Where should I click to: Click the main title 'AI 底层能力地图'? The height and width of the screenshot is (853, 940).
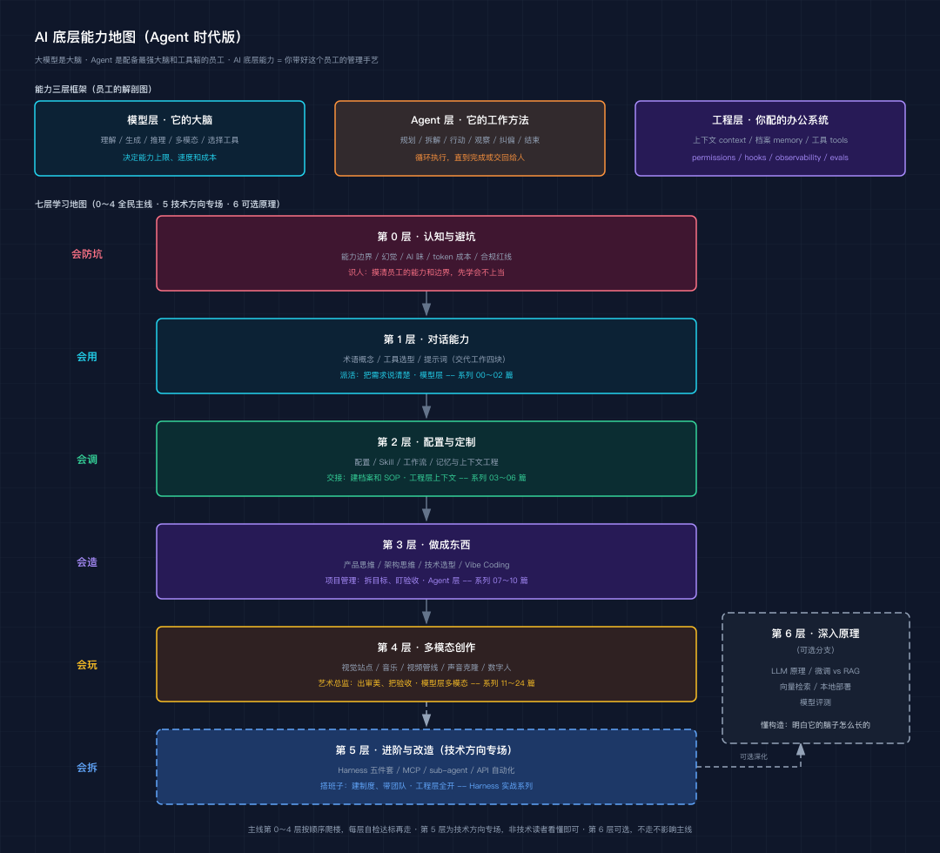point(85,37)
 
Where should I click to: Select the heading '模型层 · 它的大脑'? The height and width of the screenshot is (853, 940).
point(170,120)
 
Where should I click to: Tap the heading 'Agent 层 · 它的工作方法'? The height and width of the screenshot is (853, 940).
point(469,120)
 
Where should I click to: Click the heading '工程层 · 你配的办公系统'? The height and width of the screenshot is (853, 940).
point(769,120)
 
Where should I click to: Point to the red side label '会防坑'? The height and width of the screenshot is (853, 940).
point(87,254)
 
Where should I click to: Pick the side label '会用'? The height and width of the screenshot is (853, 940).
point(87,357)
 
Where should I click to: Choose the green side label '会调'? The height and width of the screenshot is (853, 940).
point(87,460)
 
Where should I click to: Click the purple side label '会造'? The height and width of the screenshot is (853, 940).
point(87,562)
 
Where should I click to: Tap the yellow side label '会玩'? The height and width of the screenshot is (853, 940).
point(87,665)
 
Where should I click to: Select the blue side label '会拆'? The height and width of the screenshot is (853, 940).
point(87,768)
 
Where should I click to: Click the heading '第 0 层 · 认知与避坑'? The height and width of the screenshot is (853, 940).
point(426,237)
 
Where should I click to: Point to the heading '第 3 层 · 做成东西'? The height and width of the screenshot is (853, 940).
point(426,545)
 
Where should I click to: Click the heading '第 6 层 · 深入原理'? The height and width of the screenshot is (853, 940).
point(816,634)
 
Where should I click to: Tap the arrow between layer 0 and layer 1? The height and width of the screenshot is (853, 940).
point(426,303)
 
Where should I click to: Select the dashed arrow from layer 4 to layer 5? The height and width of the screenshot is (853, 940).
point(426,715)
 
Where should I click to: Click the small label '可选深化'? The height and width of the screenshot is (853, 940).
point(754,756)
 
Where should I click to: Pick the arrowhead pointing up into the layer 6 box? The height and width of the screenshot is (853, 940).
point(801,749)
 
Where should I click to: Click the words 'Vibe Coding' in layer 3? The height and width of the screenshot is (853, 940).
point(487,565)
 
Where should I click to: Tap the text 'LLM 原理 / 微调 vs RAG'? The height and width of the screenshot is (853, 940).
point(816,671)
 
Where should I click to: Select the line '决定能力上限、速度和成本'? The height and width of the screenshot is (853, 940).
point(170,158)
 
